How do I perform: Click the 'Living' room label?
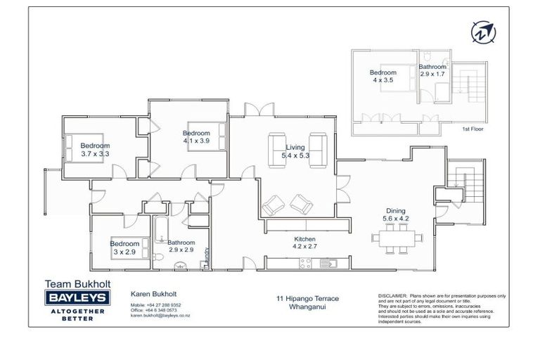pyautogui.click(x=295, y=147)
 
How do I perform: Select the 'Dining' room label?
pyautogui.click(x=395, y=210)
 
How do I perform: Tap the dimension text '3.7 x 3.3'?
pyautogui.click(x=95, y=153)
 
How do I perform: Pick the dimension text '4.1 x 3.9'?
pyautogui.click(x=197, y=141)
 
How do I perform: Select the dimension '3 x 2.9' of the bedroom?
pyautogui.click(x=123, y=252)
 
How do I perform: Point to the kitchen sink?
pyautogui.click(x=330, y=264)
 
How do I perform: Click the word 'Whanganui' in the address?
pyautogui.click(x=308, y=307)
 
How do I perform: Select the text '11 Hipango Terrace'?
pyautogui.click(x=308, y=299)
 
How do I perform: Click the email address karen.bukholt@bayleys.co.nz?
pyautogui.click(x=160, y=316)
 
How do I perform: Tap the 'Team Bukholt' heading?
pyautogui.click(x=75, y=284)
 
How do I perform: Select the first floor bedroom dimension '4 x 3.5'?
pyautogui.click(x=383, y=80)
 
